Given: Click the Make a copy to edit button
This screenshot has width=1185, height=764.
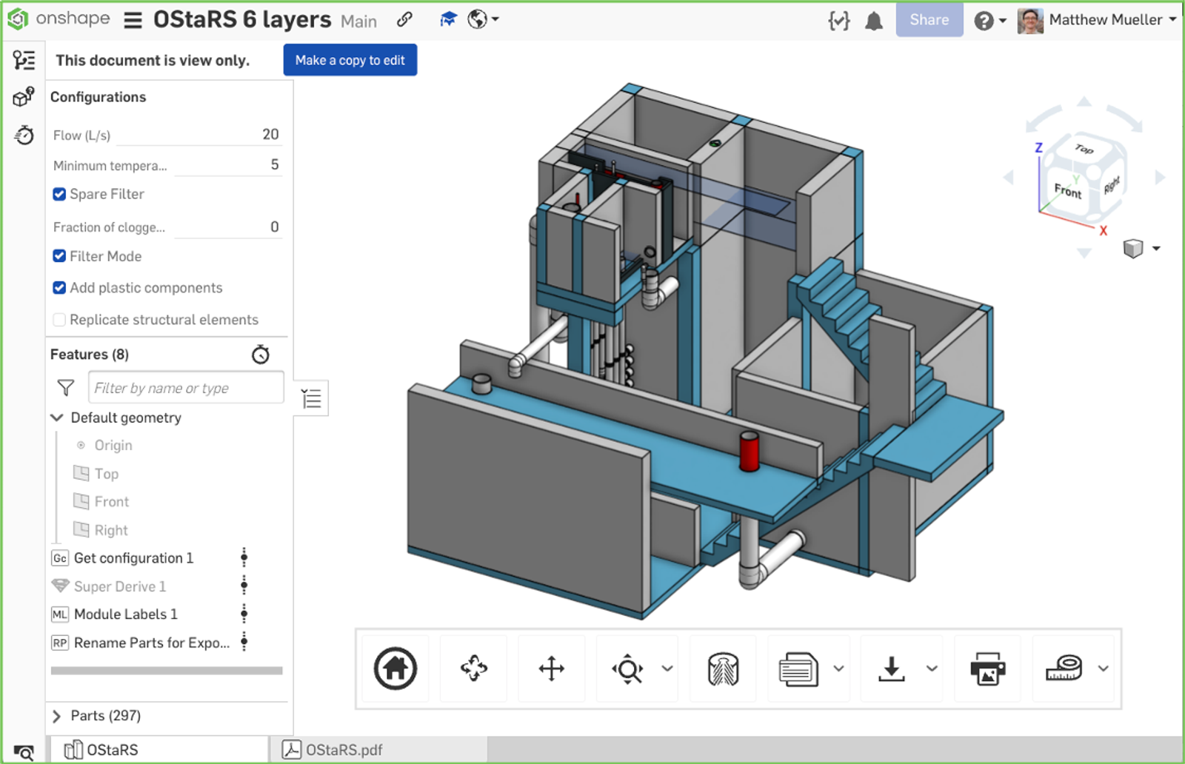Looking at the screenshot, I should (x=350, y=60).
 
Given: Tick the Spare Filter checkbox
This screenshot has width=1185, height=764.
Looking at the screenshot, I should (x=59, y=194).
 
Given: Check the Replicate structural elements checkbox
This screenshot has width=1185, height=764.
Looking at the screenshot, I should (x=59, y=320).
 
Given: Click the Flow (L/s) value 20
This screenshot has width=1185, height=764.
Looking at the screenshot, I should (x=270, y=134).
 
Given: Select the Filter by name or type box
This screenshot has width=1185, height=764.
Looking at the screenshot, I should (x=185, y=388).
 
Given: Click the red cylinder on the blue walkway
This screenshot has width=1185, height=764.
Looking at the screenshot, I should (x=749, y=452).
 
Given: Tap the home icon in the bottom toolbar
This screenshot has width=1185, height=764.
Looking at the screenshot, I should (x=395, y=668).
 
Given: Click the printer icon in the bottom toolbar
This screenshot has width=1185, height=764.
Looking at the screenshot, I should (x=987, y=668).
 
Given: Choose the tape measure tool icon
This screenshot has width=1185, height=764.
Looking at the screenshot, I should (x=1064, y=668).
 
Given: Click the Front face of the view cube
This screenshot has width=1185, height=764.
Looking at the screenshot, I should (x=1067, y=191).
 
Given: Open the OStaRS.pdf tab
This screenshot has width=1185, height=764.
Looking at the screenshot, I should (x=344, y=750).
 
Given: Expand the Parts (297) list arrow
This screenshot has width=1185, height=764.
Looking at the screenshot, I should (x=57, y=716).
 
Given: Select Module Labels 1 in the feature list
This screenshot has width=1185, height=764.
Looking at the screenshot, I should (x=125, y=614).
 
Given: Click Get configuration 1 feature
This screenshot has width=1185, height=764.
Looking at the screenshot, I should (x=133, y=558).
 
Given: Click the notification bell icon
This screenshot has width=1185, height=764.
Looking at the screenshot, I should (x=874, y=21).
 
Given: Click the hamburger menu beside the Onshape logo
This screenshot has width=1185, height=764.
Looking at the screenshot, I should (x=133, y=20).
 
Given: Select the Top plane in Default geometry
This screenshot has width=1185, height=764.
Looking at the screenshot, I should (x=106, y=474).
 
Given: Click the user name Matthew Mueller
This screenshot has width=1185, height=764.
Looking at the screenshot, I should (x=1105, y=20).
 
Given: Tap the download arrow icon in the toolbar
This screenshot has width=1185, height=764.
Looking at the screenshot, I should (x=892, y=668).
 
